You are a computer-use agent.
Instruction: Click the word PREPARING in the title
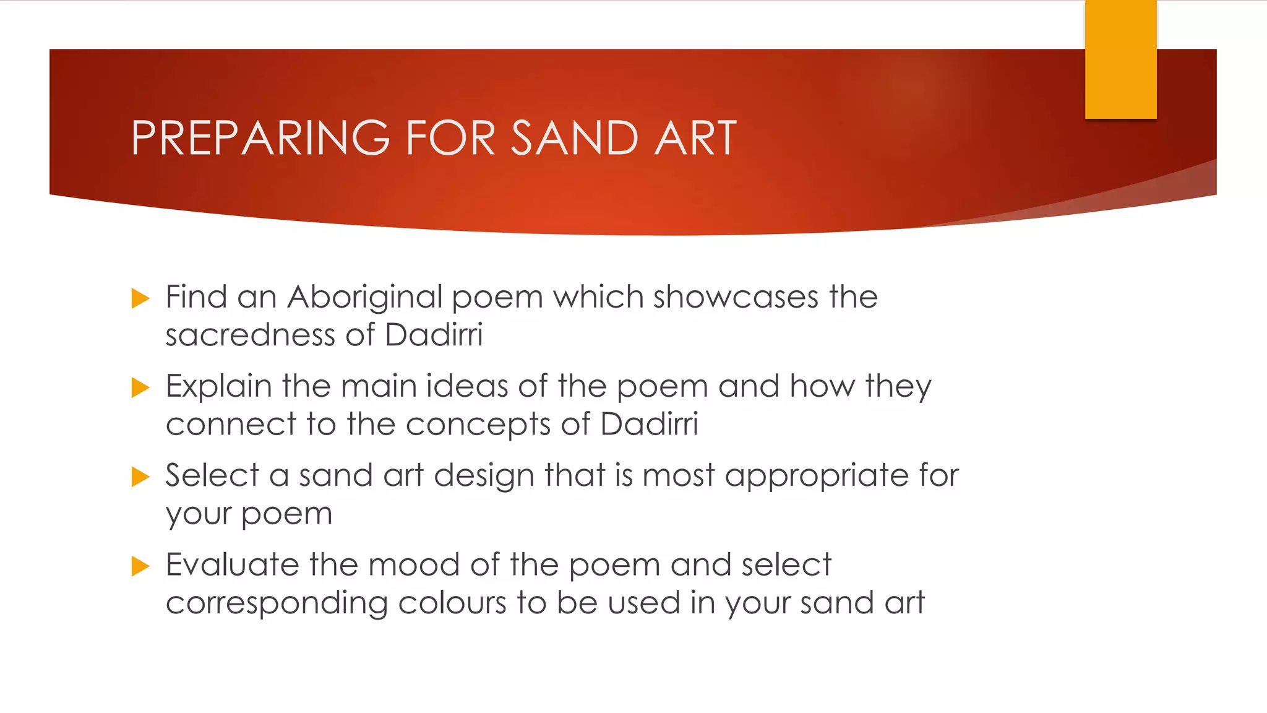260,138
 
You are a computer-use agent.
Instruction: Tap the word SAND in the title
575,138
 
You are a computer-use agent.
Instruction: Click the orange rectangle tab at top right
1120,59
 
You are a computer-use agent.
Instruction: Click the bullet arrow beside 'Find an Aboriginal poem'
140,298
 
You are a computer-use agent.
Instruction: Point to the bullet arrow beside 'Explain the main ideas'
140,388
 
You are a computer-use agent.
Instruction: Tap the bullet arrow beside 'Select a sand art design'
140,477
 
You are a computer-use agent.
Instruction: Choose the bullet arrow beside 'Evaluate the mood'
140,566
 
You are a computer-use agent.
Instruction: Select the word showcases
736,298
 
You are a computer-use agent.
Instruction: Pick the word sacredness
250,335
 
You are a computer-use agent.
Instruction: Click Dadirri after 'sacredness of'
433,335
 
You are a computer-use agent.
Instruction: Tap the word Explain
219,387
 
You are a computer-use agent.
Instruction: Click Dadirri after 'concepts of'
649,425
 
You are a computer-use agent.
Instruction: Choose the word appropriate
817,477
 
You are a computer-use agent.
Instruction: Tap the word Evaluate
233,565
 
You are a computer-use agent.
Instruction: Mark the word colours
452,603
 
